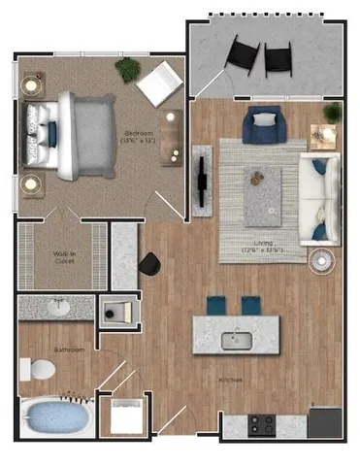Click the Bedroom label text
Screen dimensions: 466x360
coord(136,135)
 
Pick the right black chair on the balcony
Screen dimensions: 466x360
coord(280,59)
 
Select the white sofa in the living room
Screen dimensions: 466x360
coord(318,198)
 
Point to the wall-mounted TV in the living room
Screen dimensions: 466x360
coord(202,177)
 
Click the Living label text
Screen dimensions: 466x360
coord(260,248)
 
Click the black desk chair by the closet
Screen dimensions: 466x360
coord(150,263)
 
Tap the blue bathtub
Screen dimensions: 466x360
coord(54,418)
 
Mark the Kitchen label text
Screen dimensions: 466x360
coord(230,382)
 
